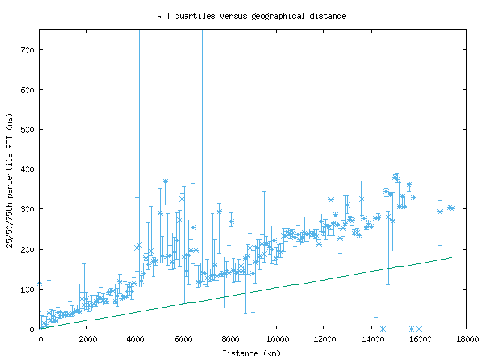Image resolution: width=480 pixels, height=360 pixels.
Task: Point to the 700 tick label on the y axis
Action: pos(28,50)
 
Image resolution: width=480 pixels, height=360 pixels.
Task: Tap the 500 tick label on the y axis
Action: pos(28,130)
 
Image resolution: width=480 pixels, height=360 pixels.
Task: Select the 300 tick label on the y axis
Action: pos(28,209)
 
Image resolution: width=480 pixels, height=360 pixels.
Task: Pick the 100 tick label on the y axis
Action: pos(28,289)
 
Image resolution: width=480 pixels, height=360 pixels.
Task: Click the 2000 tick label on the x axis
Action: pos(87,339)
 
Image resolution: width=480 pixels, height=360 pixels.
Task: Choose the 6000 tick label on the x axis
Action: pos(182,339)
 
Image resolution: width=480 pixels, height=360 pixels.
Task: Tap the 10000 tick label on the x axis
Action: pos(277,339)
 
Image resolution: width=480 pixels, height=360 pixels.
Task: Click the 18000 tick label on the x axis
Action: pos(466,339)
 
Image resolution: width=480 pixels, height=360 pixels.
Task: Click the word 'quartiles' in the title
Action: pos(195,15)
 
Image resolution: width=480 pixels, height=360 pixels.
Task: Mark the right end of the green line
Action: pos(452,257)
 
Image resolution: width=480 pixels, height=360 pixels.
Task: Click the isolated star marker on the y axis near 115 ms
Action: pos(40,283)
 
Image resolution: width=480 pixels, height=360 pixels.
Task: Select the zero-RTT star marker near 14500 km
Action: pos(382,328)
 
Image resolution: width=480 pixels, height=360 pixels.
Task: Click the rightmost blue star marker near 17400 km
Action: pos(451,208)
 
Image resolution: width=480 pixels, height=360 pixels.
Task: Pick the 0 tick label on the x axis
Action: pos(40,339)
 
